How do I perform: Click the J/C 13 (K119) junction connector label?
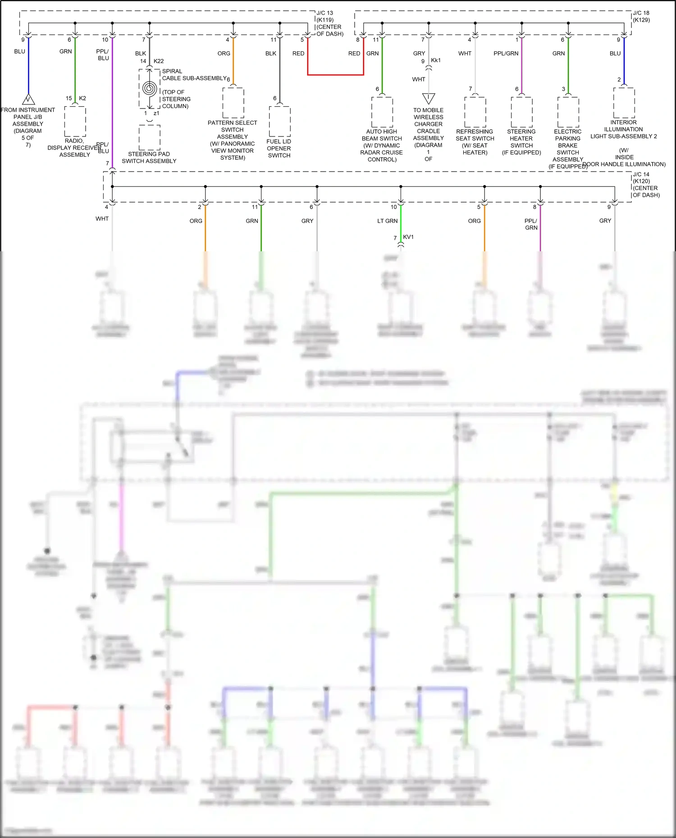click(x=329, y=23)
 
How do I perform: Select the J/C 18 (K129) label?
click(x=641, y=17)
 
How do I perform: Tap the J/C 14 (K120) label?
click(x=645, y=185)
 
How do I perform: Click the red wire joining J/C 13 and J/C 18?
click(x=335, y=74)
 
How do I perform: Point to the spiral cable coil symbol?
click(x=149, y=88)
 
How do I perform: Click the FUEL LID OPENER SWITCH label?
click(x=279, y=148)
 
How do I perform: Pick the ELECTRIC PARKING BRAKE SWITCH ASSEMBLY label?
click(x=568, y=149)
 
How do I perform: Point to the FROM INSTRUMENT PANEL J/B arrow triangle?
click(x=28, y=99)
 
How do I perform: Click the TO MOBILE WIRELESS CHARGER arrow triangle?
click(x=429, y=98)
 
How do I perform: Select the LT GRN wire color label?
click(x=388, y=221)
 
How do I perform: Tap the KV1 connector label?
click(x=408, y=237)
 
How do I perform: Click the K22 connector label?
click(x=159, y=61)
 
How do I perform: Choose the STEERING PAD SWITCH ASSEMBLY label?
click(x=149, y=158)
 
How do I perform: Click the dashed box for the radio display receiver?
click(x=75, y=122)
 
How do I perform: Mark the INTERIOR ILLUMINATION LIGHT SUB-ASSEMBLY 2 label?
click(x=624, y=129)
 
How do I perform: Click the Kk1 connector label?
click(x=436, y=60)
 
